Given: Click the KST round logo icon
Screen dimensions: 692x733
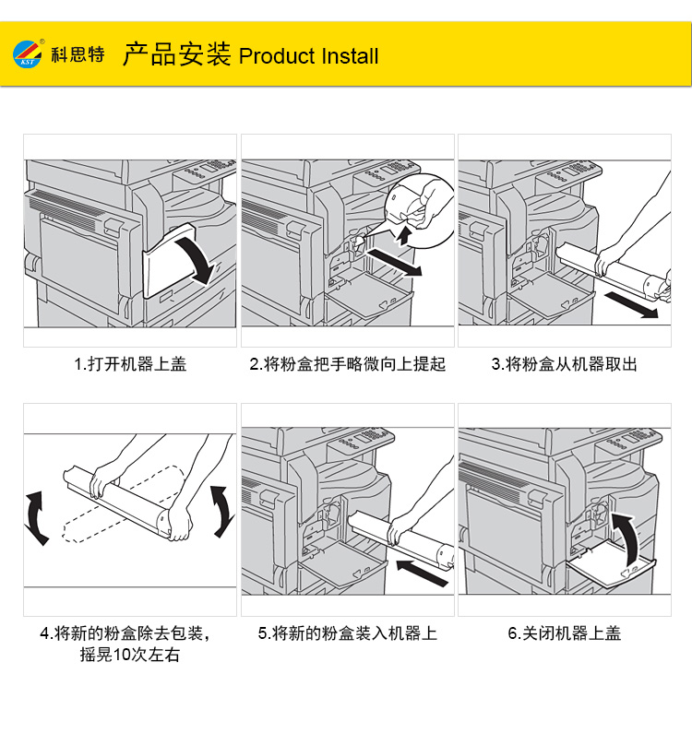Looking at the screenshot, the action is point(27,54).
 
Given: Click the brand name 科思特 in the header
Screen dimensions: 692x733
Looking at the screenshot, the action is point(78,54).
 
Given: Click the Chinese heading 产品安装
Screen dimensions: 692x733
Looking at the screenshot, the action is point(177,53).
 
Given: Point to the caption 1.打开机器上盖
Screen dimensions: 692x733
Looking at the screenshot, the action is point(130,363).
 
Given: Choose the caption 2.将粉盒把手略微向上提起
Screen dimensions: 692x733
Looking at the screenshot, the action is point(347,363).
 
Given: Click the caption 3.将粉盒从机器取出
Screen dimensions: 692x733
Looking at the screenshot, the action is point(565,363).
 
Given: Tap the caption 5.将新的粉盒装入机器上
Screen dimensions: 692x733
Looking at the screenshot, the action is point(347,633).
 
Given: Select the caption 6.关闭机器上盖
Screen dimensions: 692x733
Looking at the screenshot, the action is point(565,633).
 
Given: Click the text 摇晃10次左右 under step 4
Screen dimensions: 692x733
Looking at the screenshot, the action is point(130,654).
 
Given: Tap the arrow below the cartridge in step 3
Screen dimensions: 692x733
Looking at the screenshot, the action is point(631,304).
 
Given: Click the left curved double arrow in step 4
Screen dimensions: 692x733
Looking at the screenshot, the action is point(35,518).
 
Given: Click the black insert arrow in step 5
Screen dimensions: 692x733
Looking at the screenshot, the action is point(422,573).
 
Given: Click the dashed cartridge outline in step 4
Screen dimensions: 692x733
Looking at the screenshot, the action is point(121,505).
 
